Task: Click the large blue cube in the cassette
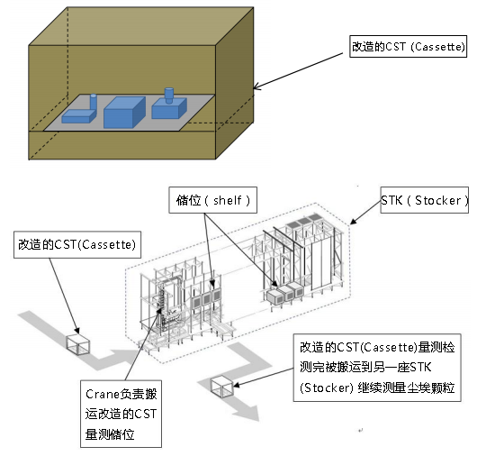[123, 113]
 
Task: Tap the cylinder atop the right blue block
[168, 95]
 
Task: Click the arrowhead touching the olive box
[257, 87]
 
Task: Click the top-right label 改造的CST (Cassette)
[408, 46]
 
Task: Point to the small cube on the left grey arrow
[78, 343]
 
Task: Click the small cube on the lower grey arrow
[221, 388]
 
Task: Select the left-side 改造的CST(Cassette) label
[76, 244]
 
